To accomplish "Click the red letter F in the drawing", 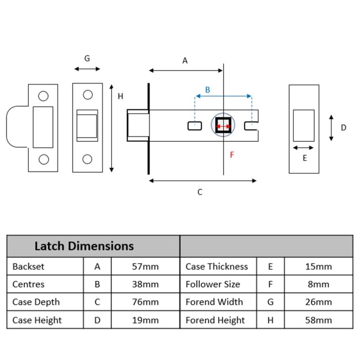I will point(232,155).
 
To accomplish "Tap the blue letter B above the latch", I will point(207,90).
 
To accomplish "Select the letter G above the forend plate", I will point(87,58).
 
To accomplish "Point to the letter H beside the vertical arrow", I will point(121,96).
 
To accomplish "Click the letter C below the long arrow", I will point(200,192).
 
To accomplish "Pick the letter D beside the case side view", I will point(343,128).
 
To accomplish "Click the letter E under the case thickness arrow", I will point(305,158).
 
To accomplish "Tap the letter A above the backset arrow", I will point(184,61).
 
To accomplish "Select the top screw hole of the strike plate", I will point(44,96).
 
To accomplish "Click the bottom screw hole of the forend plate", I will point(87,159).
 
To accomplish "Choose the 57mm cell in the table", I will point(145,266).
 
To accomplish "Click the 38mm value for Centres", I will point(145,284).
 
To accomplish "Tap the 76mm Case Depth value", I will point(145,302).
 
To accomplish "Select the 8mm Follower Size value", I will point(319,284).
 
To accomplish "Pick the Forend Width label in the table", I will point(214,302).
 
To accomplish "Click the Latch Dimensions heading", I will point(84,246).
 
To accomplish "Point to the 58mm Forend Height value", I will point(319,320).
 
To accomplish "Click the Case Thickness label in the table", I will point(216,266).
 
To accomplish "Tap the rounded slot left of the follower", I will point(194,126).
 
